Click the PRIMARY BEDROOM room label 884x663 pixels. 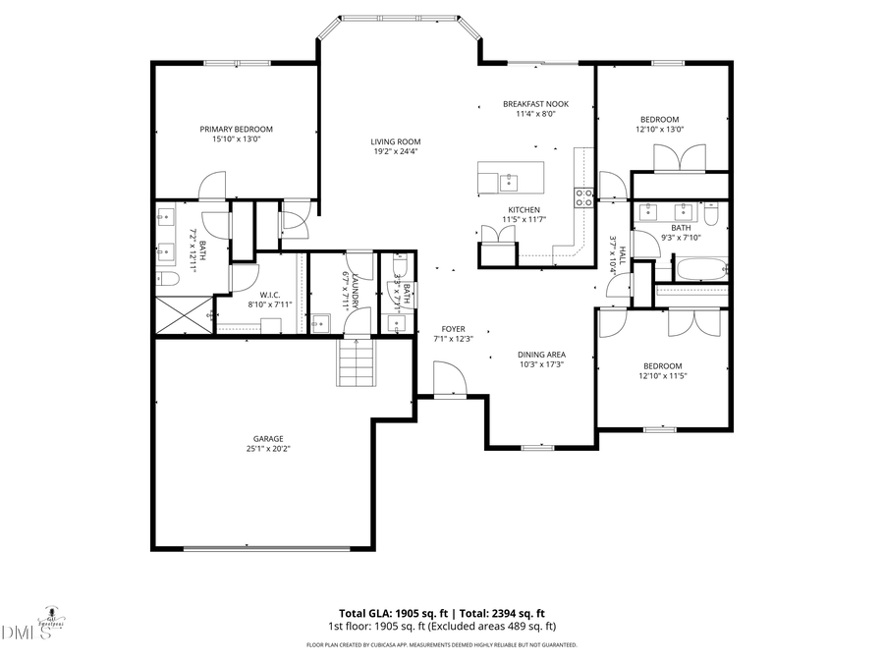pos(236,129)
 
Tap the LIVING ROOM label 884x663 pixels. pos(396,140)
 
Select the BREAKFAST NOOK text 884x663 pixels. pos(535,103)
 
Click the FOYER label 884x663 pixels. pos(453,329)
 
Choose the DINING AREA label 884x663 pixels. pos(541,355)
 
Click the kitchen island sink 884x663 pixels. pos(509,181)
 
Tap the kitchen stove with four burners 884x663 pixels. pos(584,197)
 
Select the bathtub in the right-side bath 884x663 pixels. pos(700,267)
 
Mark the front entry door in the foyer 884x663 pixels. pos(445,378)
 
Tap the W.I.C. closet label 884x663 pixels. pos(271,295)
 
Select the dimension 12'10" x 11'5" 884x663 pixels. pos(660,375)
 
